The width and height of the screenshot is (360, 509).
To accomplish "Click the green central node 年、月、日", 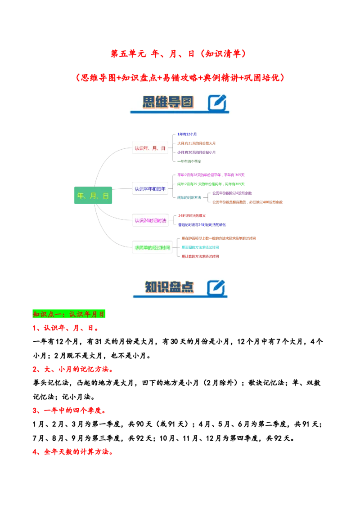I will (93, 196).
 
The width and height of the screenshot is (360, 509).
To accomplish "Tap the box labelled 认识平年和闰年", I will (150, 189).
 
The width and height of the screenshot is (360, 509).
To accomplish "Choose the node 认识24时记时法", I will (150, 220).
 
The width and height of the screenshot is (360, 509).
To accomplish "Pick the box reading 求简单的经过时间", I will (152, 247).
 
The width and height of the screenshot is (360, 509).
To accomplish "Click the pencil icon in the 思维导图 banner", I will (217, 103).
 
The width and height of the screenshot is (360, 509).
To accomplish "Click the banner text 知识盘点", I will (169, 288).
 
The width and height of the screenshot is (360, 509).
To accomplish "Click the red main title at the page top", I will (179, 54).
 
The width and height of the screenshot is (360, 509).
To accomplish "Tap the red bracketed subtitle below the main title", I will (180, 77).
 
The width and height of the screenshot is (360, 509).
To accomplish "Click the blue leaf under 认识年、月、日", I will (187, 134).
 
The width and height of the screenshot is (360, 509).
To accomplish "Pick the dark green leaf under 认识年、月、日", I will (189, 161).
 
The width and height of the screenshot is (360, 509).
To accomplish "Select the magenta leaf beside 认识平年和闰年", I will (211, 175).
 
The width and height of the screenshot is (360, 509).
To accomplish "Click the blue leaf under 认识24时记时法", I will (202, 224).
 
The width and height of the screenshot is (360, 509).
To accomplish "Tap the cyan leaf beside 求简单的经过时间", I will (200, 247).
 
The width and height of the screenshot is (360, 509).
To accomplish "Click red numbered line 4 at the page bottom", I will (73, 452).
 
